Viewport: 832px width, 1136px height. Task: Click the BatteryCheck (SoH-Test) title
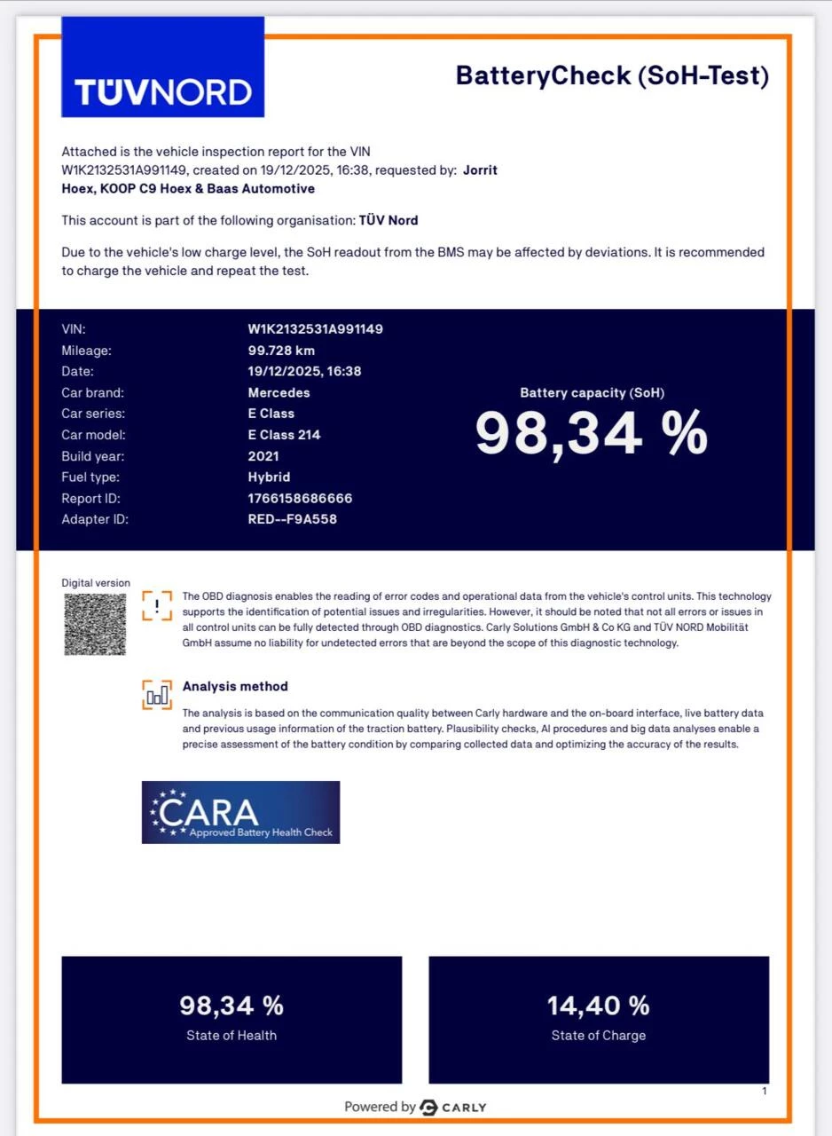click(x=612, y=76)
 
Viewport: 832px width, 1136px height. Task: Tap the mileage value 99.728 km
click(x=281, y=351)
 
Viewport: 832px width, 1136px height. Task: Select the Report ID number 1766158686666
click(x=300, y=499)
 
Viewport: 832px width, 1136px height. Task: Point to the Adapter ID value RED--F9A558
click(x=292, y=519)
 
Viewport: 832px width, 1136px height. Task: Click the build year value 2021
click(x=263, y=456)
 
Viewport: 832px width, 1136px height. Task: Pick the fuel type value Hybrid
click(x=269, y=477)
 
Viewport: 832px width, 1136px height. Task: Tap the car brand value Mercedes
click(x=279, y=392)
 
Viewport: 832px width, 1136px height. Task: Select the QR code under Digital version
click(x=95, y=624)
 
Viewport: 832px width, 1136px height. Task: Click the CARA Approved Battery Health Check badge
click(x=240, y=812)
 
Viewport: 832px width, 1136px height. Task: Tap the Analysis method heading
click(x=235, y=686)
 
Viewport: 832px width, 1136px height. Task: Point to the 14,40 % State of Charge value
click(x=598, y=1006)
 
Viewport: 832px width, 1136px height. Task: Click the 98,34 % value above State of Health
click(x=232, y=1006)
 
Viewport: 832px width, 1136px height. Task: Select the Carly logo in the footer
click(x=452, y=1107)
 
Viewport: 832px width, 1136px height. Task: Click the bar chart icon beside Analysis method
click(x=157, y=695)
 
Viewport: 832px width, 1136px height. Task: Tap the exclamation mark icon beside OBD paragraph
click(x=157, y=605)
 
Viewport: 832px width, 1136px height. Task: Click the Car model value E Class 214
click(x=284, y=435)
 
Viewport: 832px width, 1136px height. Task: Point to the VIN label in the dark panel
click(x=74, y=329)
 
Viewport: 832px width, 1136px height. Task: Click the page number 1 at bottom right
click(x=765, y=1092)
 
